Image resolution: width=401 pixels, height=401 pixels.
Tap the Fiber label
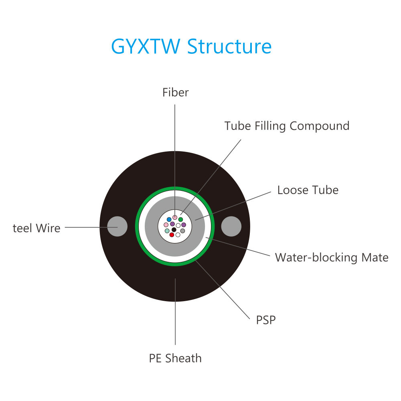176,92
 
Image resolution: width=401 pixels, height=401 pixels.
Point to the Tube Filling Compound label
287,126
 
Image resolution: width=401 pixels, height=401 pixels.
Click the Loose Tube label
308,190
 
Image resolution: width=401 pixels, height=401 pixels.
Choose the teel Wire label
36,228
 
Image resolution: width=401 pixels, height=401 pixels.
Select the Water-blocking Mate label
332,257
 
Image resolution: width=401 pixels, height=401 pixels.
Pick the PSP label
266,320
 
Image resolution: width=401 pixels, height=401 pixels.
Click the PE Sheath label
175,358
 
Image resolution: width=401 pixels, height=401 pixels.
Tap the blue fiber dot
169,219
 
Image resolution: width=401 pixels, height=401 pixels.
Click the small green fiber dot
180,219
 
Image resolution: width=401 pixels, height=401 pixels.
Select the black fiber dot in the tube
174,230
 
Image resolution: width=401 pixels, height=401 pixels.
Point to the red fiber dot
172,235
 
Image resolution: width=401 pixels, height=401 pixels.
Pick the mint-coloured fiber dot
167,231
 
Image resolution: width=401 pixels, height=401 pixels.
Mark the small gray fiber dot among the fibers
182,231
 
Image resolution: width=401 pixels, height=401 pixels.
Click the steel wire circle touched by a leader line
117,226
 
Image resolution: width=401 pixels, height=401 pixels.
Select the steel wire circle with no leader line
231,226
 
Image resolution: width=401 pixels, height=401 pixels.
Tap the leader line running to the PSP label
222,289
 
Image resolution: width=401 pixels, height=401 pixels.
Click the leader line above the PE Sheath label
175,312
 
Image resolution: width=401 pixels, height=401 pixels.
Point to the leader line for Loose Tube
233,206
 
